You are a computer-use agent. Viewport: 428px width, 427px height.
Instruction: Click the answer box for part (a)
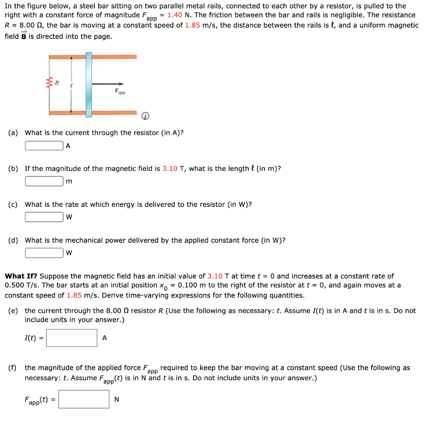click(44, 146)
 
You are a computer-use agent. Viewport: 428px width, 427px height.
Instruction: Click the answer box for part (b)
click(44, 181)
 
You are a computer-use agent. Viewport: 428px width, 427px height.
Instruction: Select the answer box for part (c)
click(44, 217)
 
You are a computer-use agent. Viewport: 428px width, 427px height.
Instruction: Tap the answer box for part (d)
click(44, 253)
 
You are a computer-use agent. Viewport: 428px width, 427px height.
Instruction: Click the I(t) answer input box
click(71, 338)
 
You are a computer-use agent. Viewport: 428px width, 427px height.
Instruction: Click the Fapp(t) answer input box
click(84, 399)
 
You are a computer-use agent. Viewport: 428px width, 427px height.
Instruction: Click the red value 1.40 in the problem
click(175, 15)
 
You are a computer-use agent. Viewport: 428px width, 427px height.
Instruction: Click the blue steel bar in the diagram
click(89, 84)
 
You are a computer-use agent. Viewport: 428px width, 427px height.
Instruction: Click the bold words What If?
click(21, 276)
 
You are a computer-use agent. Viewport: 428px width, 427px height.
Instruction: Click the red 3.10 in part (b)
click(170, 169)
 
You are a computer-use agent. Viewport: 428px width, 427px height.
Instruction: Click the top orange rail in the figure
click(113, 56)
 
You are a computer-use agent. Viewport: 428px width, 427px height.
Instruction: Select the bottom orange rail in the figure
click(113, 113)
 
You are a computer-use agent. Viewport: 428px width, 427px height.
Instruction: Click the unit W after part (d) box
click(69, 253)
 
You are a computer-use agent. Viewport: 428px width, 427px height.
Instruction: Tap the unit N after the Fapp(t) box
click(117, 399)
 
